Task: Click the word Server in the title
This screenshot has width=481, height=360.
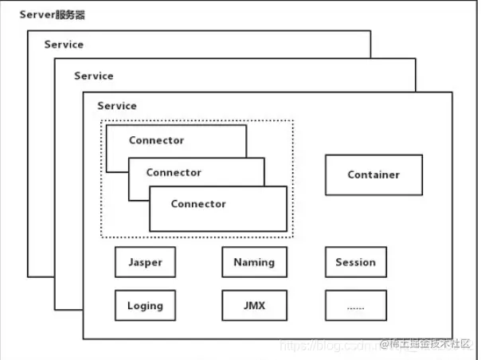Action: tap(37, 15)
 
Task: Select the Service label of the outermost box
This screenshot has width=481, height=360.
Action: tap(64, 45)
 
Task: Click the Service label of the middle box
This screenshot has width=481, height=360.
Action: tap(93, 76)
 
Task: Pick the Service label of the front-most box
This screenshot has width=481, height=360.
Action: tap(117, 106)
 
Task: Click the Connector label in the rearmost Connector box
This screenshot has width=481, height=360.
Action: tap(156, 141)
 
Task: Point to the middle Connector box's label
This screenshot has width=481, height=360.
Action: tap(174, 172)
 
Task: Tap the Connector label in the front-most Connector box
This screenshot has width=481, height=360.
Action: tap(198, 204)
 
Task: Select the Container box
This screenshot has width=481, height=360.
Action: tap(373, 174)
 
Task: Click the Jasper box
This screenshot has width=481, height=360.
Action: tap(144, 262)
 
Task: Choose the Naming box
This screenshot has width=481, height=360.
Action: tap(254, 262)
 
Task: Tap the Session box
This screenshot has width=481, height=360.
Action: tap(355, 262)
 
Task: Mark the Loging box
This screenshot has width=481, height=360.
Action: tap(144, 305)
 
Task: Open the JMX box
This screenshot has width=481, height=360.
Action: tap(254, 305)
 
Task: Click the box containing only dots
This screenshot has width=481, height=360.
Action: tap(355, 305)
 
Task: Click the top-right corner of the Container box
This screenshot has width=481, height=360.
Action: tap(422, 155)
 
